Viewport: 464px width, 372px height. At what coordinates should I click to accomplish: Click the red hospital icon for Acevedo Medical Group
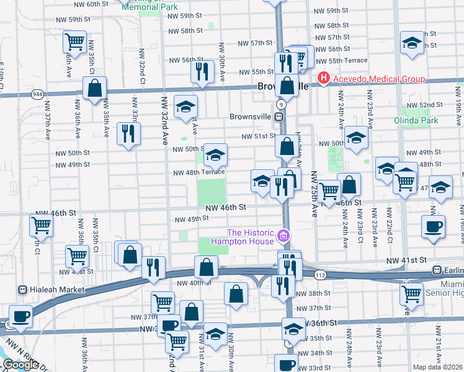coord(323,79)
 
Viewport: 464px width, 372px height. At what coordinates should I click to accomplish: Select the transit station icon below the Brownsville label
coord(280,116)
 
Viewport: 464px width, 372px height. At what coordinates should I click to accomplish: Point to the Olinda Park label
coord(416,120)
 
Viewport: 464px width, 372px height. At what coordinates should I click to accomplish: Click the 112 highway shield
coord(319,274)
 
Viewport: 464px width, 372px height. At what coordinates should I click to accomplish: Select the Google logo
coord(20,364)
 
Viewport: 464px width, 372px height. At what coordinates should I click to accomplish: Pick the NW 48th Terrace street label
coord(199,173)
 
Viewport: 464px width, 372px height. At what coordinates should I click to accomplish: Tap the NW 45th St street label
coord(191,219)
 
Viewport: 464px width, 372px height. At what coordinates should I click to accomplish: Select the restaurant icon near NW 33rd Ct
coord(128,133)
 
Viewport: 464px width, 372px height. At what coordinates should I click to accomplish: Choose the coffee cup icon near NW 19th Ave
coord(433,226)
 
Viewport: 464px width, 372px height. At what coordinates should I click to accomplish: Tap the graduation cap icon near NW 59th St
coord(411,43)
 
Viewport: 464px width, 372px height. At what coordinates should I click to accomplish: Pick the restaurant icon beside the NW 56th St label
coord(202,71)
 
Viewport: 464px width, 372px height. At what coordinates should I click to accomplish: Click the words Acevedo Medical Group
coord(379,79)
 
